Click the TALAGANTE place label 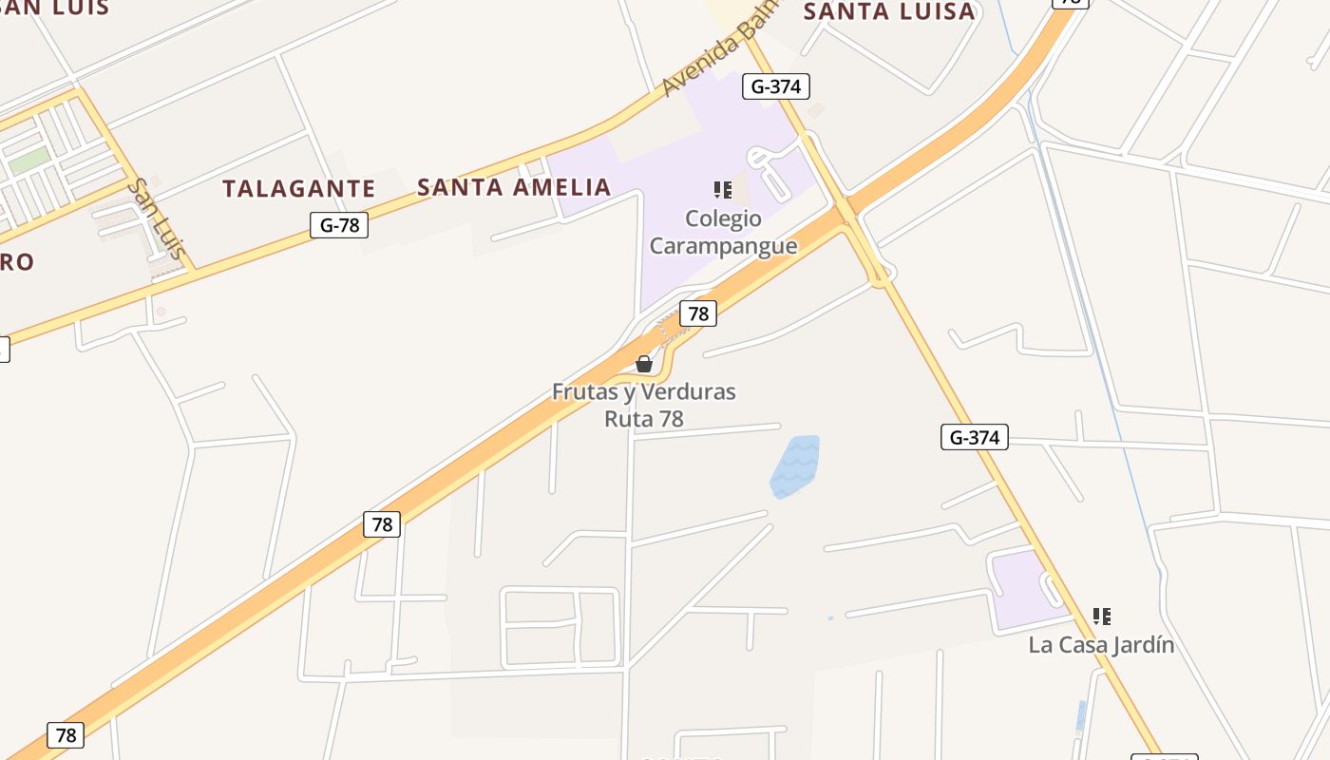299,188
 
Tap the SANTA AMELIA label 514,187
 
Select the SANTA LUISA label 889,11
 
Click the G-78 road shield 339,225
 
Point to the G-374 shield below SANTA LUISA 775,86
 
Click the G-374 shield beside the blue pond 975,437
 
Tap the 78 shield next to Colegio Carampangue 698,313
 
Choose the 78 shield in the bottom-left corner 66,734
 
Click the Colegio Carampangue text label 723,232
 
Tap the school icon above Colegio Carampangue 723,190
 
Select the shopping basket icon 644,363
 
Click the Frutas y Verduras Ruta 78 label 644,405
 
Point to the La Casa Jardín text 1101,645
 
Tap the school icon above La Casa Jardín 1102,617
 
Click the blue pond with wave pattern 795,465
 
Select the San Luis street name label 158,220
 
